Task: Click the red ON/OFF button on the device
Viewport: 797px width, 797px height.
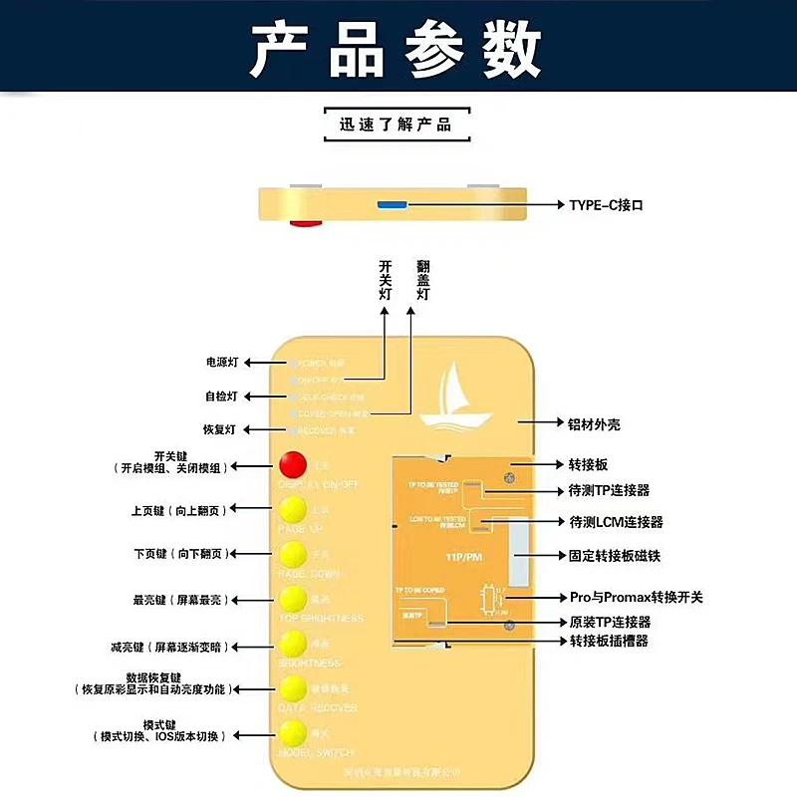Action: point(293,465)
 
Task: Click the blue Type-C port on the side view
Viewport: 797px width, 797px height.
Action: point(392,205)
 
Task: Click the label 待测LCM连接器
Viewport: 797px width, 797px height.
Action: point(616,522)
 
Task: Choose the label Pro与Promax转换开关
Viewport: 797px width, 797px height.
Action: point(636,597)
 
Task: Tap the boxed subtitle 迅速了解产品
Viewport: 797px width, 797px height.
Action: point(396,125)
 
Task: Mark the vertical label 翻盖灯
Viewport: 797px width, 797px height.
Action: point(422,281)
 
